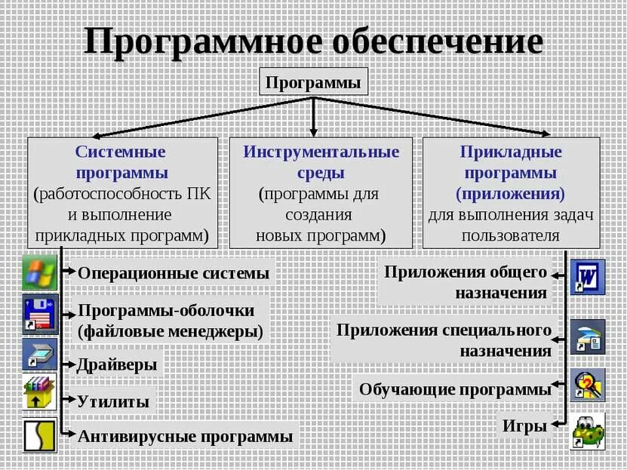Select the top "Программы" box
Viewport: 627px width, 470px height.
[313, 82]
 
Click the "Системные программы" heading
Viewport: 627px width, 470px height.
[121, 162]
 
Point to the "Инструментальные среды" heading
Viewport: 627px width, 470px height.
[321, 162]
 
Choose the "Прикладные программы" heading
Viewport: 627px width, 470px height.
[511, 162]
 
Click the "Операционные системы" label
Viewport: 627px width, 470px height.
[173, 273]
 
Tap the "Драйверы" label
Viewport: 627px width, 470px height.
[117, 365]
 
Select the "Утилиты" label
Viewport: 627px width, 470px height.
[113, 401]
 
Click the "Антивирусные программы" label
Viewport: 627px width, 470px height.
[185, 436]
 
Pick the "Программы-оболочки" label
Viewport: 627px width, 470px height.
[166, 311]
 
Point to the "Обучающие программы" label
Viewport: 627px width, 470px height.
[455, 389]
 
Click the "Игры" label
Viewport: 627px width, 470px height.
[524, 426]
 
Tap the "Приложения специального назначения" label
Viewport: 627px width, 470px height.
[444, 340]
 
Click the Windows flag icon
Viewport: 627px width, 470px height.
[39, 273]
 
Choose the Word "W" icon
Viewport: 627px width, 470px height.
[587, 277]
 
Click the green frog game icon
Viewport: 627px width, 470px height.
[587, 431]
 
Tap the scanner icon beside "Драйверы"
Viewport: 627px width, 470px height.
[39, 353]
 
